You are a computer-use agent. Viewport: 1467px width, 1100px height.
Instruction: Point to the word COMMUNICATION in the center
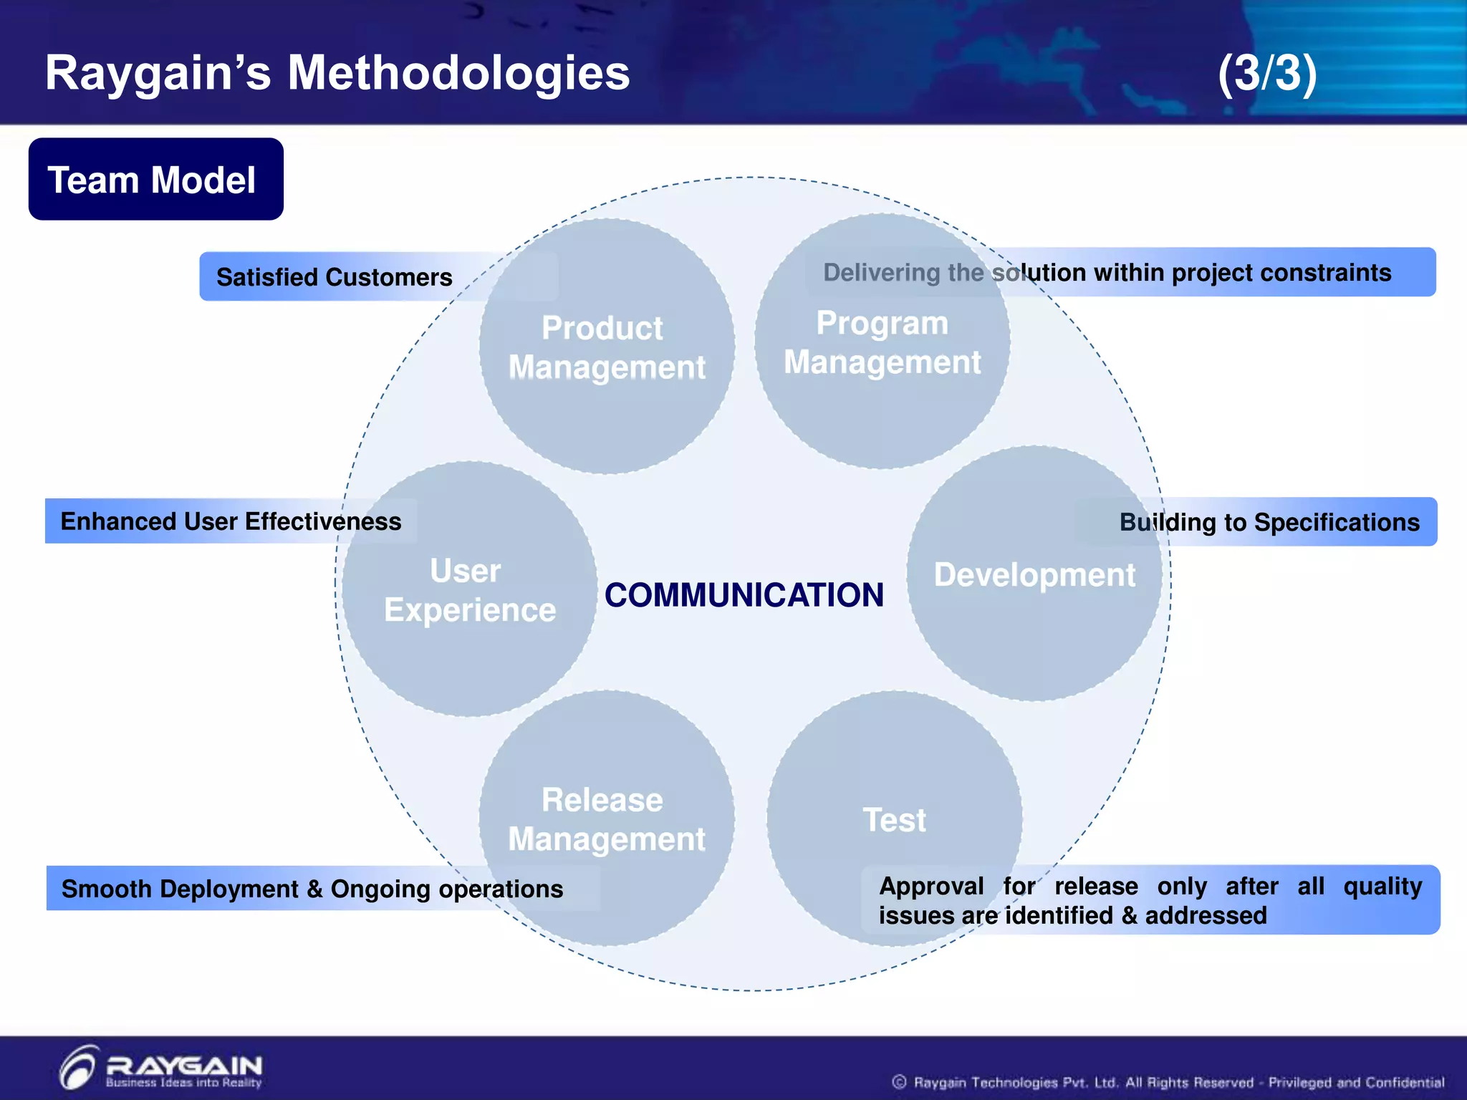tap(744, 595)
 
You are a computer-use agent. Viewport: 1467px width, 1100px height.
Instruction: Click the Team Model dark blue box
tap(156, 179)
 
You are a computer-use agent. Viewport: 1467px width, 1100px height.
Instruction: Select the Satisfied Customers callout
tap(335, 277)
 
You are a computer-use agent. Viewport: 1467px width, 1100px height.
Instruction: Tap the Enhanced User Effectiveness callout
tap(231, 521)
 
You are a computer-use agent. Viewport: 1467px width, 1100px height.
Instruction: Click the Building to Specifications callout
tap(1269, 522)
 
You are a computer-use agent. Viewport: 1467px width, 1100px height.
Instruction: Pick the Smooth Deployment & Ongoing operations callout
tap(312, 889)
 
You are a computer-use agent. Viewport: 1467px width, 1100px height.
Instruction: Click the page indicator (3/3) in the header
tap(1267, 73)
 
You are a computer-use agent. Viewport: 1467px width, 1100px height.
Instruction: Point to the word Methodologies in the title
tap(458, 73)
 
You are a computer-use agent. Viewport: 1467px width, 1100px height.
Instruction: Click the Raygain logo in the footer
tap(162, 1068)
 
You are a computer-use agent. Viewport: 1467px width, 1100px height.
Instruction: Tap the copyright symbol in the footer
tap(899, 1082)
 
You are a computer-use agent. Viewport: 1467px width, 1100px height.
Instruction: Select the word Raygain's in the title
tap(158, 73)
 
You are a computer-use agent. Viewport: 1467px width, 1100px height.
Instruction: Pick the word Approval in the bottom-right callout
tap(931, 887)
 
